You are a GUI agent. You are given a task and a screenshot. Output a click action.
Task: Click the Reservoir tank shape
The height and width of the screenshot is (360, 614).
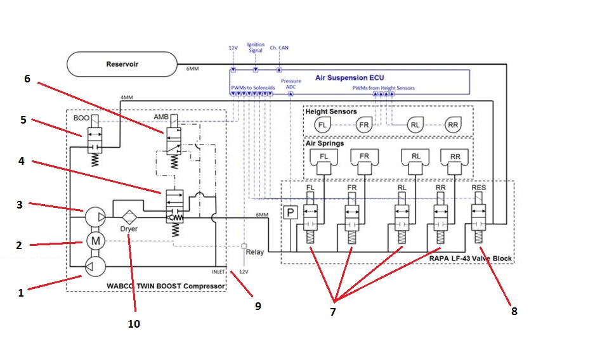(122, 63)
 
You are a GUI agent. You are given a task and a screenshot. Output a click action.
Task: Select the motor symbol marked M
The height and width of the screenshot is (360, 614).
(96, 241)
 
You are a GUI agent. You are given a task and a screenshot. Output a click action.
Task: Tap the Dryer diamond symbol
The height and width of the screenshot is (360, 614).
(130, 214)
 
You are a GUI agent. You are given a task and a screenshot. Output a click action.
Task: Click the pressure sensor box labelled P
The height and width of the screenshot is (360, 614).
(291, 213)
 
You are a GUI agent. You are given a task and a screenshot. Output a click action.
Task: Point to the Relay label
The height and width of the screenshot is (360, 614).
(255, 252)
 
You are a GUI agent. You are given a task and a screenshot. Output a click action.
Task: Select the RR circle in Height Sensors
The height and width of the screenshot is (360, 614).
(454, 125)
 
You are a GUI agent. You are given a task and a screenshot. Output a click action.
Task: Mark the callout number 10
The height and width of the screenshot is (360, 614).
(134, 324)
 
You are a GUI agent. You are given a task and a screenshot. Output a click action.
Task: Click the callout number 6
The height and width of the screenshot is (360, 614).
(27, 79)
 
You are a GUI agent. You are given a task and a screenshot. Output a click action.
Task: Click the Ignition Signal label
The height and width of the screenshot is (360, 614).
(256, 48)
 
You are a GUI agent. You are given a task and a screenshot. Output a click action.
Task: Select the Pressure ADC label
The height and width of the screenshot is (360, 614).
(291, 84)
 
